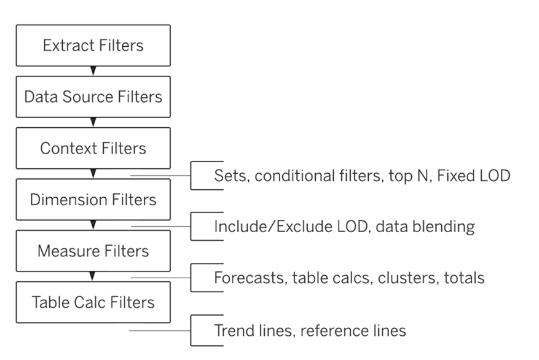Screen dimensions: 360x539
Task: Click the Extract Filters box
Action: coord(93,46)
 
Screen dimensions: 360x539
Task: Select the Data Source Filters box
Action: coord(93,97)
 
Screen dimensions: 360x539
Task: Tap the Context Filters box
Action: coord(93,148)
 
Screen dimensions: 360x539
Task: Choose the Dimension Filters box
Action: coord(93,200)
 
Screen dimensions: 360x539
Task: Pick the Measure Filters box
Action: coord(93,251)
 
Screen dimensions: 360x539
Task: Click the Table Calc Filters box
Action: coord(93,303)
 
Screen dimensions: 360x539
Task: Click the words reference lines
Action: coord(353,330)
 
